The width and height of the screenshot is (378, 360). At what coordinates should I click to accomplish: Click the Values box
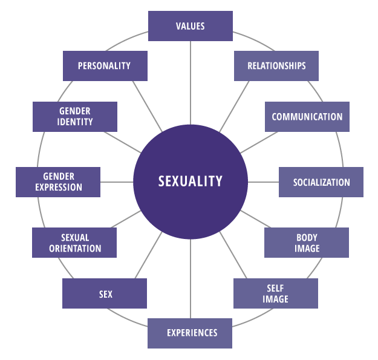click(191, 26)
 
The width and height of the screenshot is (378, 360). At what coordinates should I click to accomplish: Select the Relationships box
click(276, 66)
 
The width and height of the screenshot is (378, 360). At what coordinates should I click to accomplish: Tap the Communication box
click(307, 117)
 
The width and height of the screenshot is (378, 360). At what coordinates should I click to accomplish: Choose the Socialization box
click(321, 182)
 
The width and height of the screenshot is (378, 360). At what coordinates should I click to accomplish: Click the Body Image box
click(307, 243)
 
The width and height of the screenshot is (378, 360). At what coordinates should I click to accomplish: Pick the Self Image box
click(276, 293)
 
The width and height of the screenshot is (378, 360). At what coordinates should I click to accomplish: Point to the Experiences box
click(190, 333)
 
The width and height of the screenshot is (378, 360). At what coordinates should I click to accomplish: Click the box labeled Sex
click(105, 294)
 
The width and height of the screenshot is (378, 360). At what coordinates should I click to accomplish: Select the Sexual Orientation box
click(74, 243)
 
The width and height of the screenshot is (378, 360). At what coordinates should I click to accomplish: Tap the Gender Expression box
click(58, 182)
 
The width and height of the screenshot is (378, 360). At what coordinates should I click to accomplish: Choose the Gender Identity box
click(75, 116)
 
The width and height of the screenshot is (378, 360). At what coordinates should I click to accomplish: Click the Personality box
click(105, 66)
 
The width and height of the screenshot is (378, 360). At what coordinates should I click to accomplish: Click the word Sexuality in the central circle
click(191, 181)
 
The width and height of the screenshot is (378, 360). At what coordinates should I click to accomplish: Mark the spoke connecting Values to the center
click(191, 82)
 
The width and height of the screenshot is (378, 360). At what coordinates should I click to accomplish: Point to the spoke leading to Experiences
click(191, 278)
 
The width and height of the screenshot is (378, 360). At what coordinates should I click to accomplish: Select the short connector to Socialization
click(263, 182)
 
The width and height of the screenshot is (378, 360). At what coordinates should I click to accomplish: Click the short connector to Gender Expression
click(116, 182)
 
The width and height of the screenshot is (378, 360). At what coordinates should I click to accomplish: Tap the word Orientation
click(75, 248)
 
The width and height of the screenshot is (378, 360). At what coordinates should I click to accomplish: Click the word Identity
click(76, 122)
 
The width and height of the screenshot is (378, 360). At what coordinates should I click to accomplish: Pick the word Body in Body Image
click(307, 237)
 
